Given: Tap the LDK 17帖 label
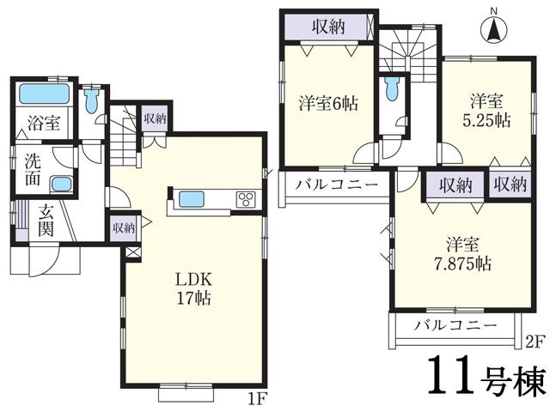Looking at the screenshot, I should pos(194,290).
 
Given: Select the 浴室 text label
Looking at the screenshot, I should pos(42,123).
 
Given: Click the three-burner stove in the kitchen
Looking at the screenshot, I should pos(247,199).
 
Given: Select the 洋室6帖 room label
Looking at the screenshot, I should pos(329,101).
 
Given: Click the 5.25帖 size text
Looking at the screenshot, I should pos(490,120).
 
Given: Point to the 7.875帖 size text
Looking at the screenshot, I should pos(462,264).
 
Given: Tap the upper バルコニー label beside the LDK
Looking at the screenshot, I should pos(332,185).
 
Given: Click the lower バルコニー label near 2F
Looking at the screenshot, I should pos(455,325).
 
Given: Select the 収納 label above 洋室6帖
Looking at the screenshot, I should pos(328,26).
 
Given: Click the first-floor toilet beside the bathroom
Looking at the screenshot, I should pos(94,104).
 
